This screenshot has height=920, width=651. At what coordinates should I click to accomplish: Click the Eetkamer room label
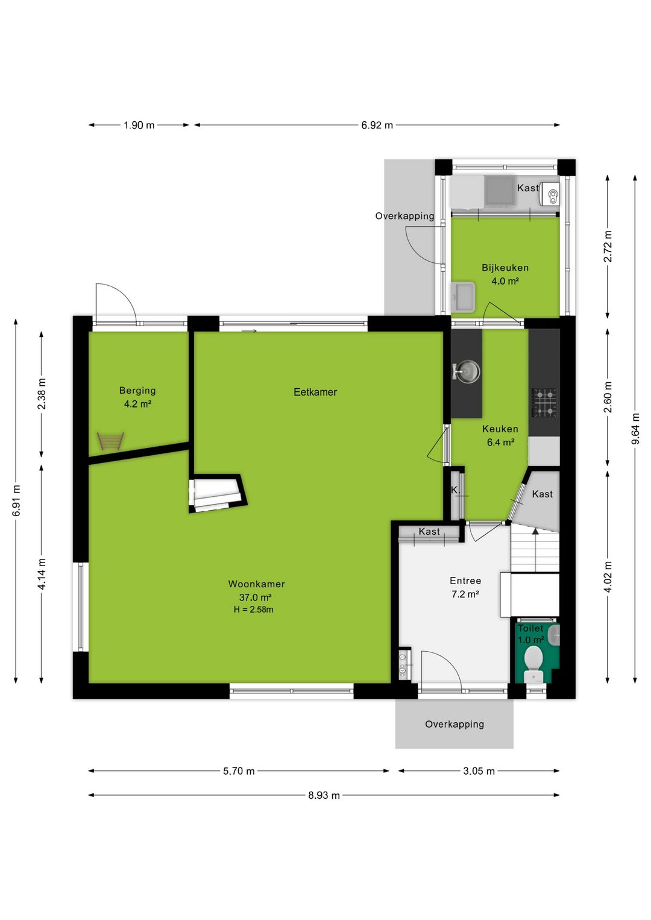click(315, 392)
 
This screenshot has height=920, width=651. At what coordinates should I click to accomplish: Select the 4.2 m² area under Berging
click(137, 404)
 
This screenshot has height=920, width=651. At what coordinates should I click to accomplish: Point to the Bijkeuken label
click(505, 268)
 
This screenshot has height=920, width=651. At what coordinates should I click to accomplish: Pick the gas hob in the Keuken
click(545, 403)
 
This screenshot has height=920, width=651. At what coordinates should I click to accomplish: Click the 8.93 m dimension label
click(324, 796)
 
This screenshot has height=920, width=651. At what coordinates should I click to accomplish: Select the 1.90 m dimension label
click(139, 125)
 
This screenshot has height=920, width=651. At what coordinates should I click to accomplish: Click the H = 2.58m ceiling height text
click(253, 610)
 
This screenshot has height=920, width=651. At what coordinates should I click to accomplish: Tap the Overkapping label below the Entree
click(454, 723)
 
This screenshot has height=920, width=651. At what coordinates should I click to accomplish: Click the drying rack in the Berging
click(110, 441)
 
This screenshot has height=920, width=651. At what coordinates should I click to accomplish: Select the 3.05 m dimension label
click(479, 771)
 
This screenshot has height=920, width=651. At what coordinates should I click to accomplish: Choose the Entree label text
click(465, 581)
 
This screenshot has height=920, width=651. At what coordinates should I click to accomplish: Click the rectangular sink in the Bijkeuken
click(463, 296)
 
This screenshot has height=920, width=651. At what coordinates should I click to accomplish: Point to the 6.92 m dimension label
click(377, 125)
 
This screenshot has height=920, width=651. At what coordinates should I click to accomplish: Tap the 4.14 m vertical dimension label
click(42, 574)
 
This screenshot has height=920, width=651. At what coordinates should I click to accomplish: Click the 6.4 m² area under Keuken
click(501, 443)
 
